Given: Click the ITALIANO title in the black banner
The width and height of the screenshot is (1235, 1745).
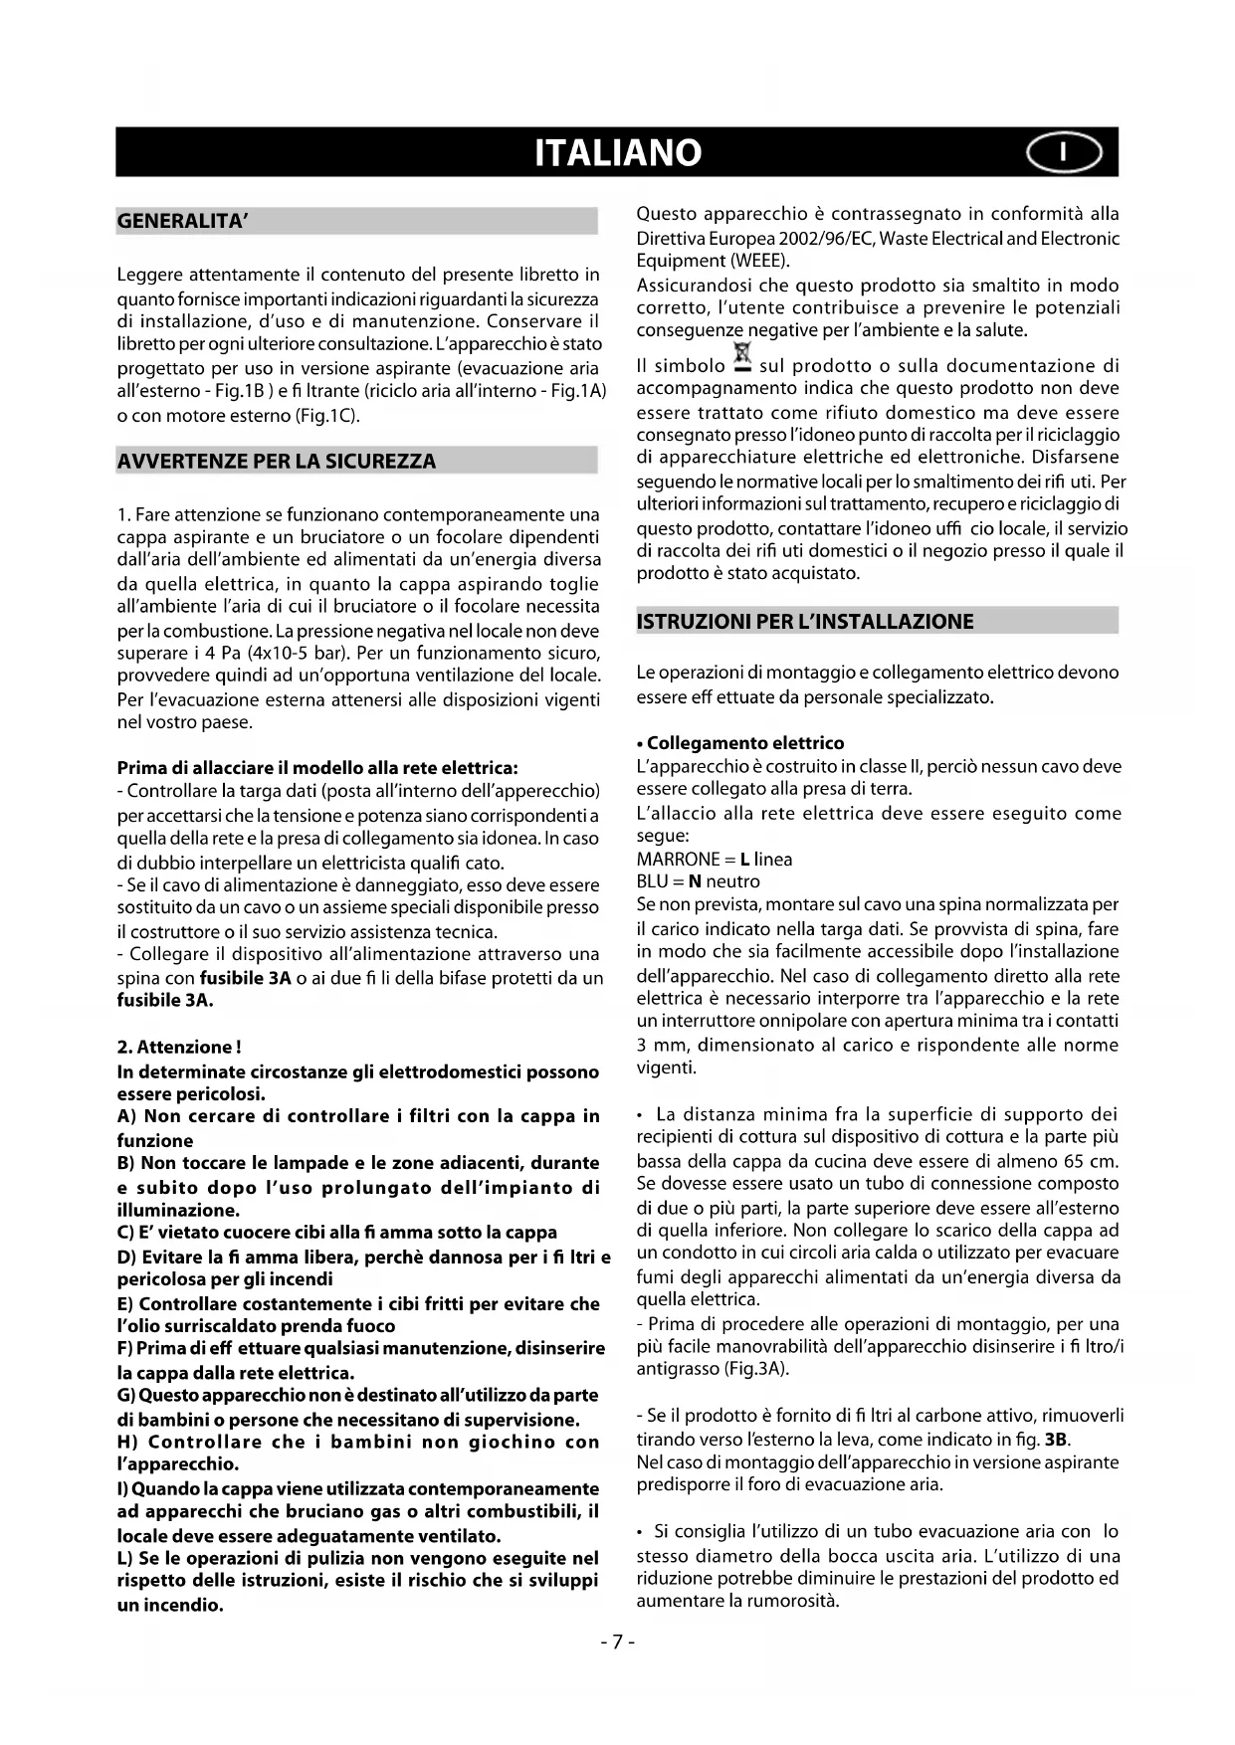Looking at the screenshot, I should (x=617, y=152).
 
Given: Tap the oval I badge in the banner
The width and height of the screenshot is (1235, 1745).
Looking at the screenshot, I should (x=1064, y=152).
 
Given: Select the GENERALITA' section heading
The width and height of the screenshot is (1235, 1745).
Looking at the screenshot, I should (x=182, y=221).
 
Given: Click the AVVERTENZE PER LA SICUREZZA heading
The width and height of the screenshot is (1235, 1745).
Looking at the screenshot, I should (x=277, y=461).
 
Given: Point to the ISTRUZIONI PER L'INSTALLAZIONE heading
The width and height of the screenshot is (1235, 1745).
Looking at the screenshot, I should (x=805, y=622).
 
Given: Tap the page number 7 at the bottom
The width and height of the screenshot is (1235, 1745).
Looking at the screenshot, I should (x=617, y=1642).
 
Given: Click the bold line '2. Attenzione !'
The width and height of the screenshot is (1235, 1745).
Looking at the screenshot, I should (x=179, y=1047).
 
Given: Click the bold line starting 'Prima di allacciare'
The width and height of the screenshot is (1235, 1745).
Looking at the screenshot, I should (x=317, y=768).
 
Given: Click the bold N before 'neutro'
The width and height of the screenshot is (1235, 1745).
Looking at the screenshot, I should (x=695, y=881).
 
